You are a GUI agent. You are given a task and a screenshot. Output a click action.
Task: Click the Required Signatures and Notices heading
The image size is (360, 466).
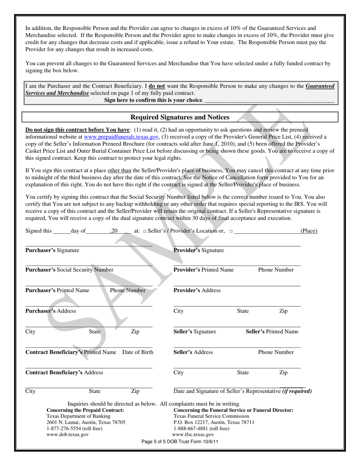pyautogui.click(x=180, y=117)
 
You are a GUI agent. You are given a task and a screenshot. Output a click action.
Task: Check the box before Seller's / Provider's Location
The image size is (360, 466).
pyautogui.click(x=144, y=231)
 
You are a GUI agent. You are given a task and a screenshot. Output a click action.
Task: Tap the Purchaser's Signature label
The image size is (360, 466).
pyautogui.click(x=52, y=250)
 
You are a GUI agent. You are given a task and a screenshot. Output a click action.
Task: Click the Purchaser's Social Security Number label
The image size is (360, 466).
pyautogui.click(x=69, y=270)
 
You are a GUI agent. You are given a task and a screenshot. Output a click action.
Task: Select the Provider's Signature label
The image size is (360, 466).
pyautogui.click(x=199, y=250)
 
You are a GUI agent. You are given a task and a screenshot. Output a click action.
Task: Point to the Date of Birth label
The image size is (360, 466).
pyautogui.click(x=138, y=352)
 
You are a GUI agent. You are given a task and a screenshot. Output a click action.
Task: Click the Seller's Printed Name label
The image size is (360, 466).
pyautogui.click(x=272, y=332)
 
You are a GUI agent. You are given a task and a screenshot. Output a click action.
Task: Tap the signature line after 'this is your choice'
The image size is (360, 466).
pyautogui.click(x=269, y=101)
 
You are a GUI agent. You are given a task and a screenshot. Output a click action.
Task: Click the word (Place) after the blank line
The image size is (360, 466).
pyautogui.click(x=308, y=231)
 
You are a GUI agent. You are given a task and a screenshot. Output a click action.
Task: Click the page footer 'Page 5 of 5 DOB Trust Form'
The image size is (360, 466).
pyautogui.click(x=180, y=442)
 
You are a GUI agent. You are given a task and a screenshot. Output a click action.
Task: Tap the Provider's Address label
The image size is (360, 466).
pyautogui.click(x=197, y=290)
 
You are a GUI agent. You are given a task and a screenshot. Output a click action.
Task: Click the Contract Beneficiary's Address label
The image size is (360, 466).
pyautogui.click(x=64, y=372)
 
